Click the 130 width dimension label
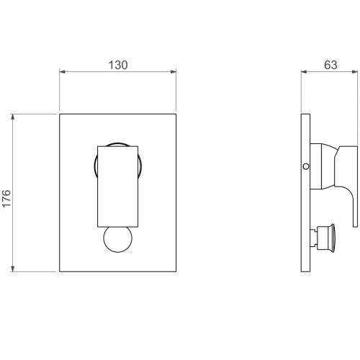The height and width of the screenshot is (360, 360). [x=118, y=65]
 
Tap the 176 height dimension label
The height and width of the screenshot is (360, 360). [x=6, y=198]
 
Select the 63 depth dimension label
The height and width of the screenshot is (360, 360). [x=330, y=65]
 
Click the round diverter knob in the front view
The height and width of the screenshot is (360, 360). [x=117, y=239]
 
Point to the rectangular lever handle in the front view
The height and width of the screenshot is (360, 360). [x=117, y=186]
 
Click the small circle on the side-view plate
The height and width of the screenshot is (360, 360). [x=306, y=166]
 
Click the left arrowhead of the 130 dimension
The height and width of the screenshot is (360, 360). [x=63, y=71]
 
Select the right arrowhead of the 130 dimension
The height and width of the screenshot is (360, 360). [x=174, y=71]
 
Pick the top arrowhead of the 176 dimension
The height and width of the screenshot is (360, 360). [x=13, y=117]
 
